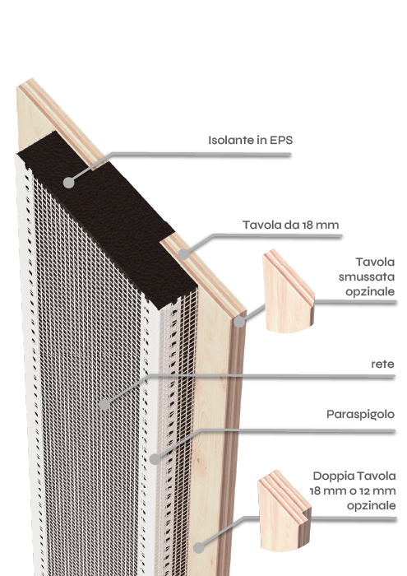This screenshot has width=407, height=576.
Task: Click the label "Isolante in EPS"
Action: point(250,140)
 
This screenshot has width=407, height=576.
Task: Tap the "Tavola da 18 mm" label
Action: point(291,225)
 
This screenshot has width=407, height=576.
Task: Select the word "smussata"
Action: point(366,276)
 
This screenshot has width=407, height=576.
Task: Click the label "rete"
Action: point(382,364)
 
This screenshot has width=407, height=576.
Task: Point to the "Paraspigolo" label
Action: point(360,415)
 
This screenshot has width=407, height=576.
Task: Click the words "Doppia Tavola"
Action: point(354,476)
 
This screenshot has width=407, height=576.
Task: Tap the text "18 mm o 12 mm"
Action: point(352,490)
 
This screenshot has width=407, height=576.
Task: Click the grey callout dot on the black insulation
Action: point(68,183)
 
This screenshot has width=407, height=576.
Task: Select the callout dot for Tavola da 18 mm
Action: point(183,253)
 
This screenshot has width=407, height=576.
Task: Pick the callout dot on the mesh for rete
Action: point(104,405)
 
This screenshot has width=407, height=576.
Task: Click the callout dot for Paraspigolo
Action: point(155,458)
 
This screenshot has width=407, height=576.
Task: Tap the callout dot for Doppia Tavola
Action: point(198,548)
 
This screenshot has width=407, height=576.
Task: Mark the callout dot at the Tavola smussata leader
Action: point(239,322)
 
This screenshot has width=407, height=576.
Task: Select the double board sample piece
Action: point(284,510)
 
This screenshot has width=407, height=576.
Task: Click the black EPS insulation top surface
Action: point(106,216)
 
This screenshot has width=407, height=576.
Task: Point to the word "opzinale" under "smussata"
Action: point(370,291)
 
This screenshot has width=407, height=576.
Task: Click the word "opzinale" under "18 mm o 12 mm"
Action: point(372,506)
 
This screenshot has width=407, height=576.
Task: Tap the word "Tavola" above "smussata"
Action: point(375,262)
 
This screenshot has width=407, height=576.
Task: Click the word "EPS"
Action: point(281,140)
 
